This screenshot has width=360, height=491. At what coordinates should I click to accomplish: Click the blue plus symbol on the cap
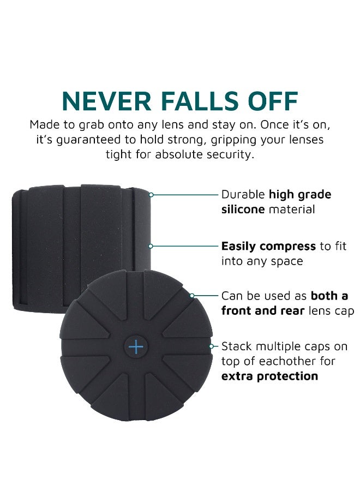click(135, 346)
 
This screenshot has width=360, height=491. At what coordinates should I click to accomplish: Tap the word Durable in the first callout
click(243, 195)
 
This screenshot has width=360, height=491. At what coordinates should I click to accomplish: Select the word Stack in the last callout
click(237, 346)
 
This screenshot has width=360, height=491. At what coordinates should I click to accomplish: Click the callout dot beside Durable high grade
click(151, 195)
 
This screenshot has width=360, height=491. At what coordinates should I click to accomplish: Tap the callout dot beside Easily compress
click(151, 246)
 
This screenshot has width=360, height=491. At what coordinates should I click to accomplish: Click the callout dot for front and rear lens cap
click(192, 296)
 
